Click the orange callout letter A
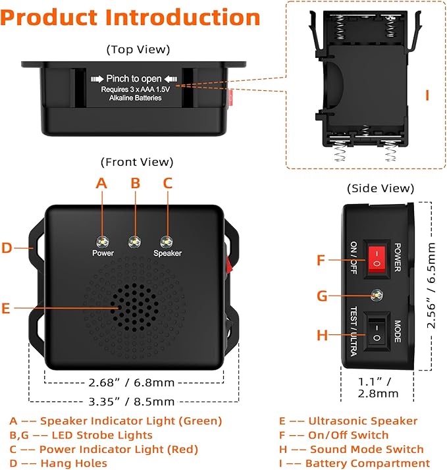pos(101,184)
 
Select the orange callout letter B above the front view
pos(135,184)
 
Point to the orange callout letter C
pos(167,184)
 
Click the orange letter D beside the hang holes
pos(7,248)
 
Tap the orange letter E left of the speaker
pos(7,307)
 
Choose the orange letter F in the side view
pos(321,260)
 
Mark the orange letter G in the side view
pos(322,296)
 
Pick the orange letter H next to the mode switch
pos(322,336)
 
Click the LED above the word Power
pos(102,240)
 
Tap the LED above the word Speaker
pos(167,241)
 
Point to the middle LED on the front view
pos(134,242)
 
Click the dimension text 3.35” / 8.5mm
pos(122,401)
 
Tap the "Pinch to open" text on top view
pos(134,79)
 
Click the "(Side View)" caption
pos(380,188)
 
